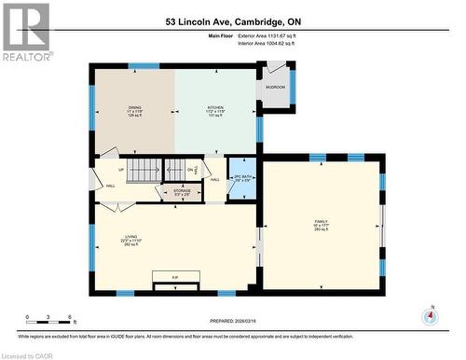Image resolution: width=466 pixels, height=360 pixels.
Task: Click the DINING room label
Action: coord(135,108)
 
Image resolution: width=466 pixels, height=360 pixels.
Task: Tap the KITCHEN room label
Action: coord(215,108)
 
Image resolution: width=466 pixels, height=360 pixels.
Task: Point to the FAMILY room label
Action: coord(321,221)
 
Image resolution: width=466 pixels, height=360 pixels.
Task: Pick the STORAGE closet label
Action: coord(182,191)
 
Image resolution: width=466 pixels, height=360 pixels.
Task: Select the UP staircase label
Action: coord(121,170)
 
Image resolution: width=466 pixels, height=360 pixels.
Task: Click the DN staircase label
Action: coord(190,170)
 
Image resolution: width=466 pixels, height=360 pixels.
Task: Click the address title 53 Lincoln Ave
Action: coord(233,21)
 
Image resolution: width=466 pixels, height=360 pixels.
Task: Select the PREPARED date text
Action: coord(233,322)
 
